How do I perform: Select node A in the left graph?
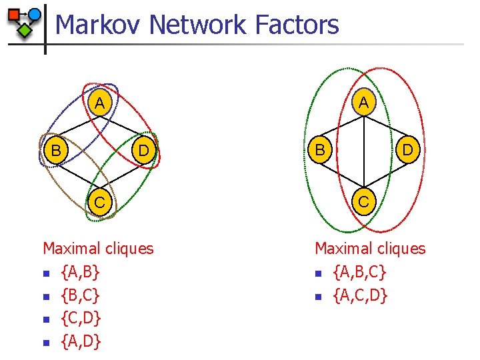coord(99,103)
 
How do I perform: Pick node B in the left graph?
coord(57,151)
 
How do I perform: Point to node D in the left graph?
coord(143,151)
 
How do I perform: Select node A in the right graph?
coord(363,103)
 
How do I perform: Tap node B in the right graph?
coord(321,151)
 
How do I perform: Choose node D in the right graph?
coord(407,151)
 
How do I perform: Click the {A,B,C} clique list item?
coord(359,272)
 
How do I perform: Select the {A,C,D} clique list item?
coord(360,295)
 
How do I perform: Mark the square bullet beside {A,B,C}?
coord(319,273)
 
